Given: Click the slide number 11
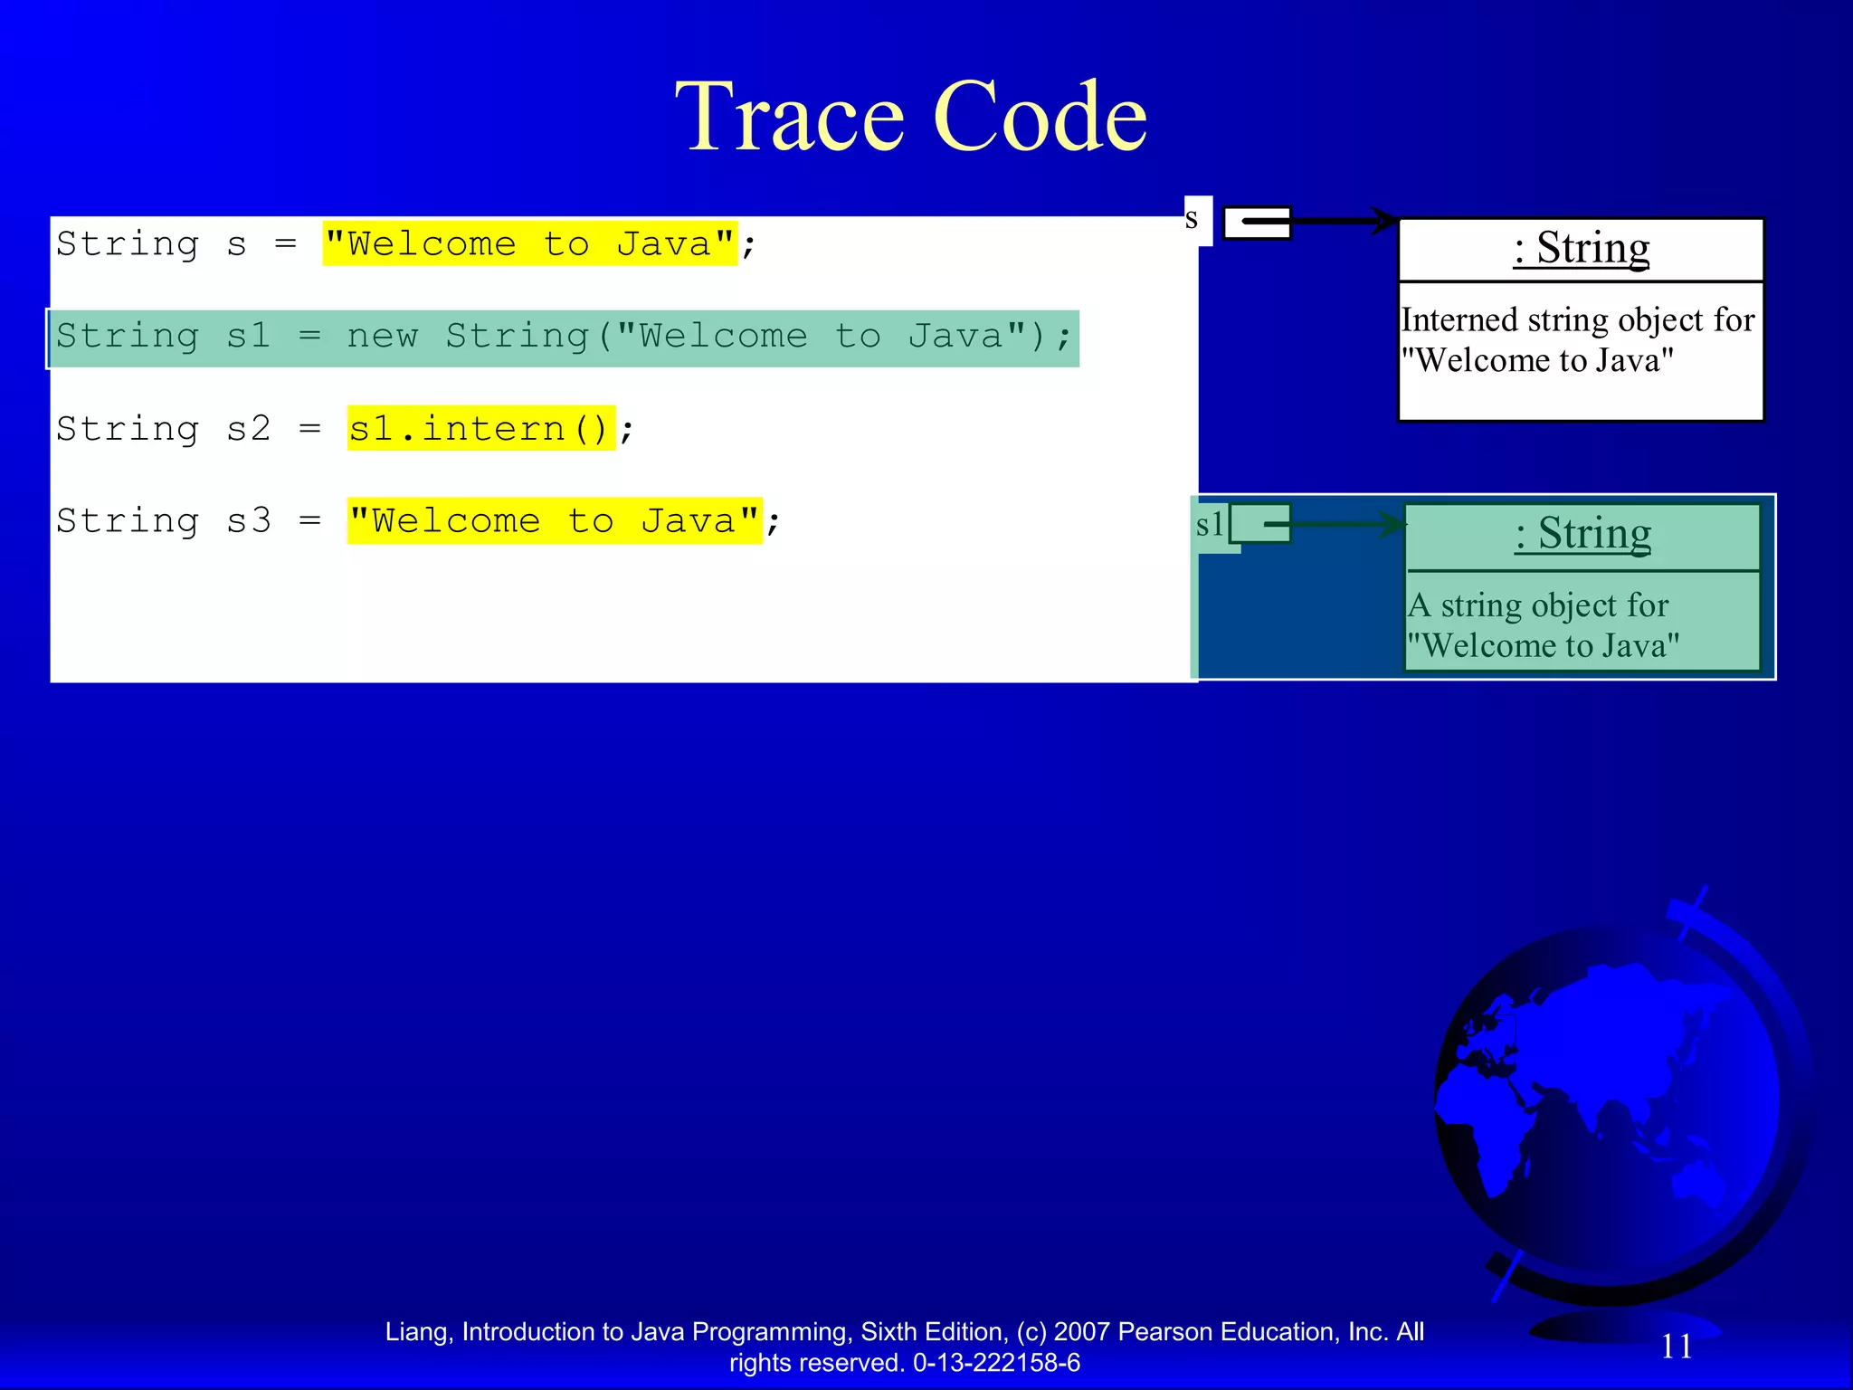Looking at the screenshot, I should [1677, 1346].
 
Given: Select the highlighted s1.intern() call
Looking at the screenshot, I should [480, 428].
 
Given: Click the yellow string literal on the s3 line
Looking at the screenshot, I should [554, 520].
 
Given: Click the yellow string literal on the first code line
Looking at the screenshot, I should [529, 243].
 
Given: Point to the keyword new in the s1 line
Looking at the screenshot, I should [382, 336].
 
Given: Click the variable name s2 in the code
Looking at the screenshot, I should [248, 428].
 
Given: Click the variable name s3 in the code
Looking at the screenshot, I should [248, 520].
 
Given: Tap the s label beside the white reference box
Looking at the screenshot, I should [1192, 218].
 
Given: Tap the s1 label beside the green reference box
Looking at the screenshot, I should [1210, 524].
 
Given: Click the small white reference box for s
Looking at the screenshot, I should [1257, 223].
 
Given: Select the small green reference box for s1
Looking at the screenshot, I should [1259, 523].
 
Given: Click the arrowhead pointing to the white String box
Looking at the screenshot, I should [1385, 220].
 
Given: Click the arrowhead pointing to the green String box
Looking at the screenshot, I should [1391, 523].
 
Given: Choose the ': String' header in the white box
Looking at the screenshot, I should [1581, 248].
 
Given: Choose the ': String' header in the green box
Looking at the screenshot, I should [1582, 534].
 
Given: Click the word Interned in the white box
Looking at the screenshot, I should [1459, 319].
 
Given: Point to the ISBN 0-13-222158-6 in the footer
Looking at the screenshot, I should [996, 1363].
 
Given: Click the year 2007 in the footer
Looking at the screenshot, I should [1082, 1332].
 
